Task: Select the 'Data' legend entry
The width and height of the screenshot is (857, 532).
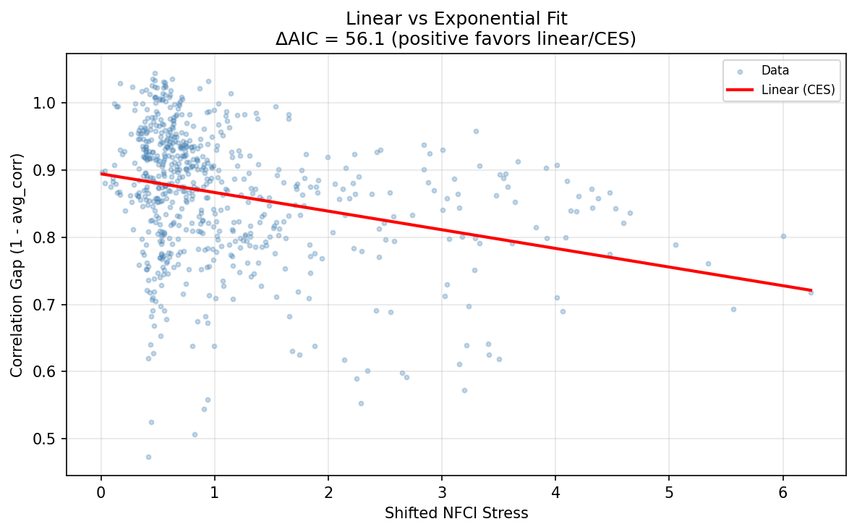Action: click(x=775, y=71)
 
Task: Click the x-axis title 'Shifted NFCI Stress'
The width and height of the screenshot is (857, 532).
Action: click(x=456, y=513)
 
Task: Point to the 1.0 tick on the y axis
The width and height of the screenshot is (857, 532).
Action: click(x=49, y=103)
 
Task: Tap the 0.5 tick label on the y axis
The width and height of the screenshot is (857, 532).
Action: click(x=49, y=439)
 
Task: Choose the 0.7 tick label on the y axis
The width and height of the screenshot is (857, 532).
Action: click(x=49, y=305)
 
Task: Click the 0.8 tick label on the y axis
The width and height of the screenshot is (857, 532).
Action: click(x=49, y=237)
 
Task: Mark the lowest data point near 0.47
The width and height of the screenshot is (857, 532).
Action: click(x=148, y=457)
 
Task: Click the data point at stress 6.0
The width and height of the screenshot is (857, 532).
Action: click(x=783, y=236)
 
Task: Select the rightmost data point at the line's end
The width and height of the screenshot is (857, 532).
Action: click(x=811, y=292)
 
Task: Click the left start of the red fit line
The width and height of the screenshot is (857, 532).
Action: click(x=102, y=174)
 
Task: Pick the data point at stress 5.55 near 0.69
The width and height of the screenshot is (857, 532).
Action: click(x=733, y=309)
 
